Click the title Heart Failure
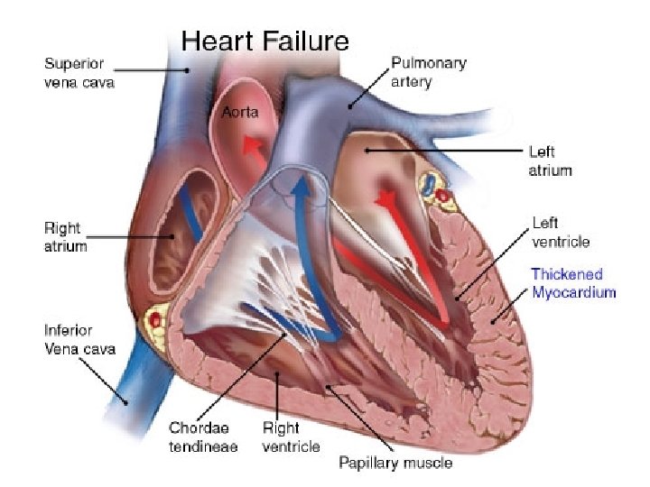[265, 41]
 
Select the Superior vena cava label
[79, 73]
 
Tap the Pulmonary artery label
[428, 72]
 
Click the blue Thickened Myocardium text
[573, 283]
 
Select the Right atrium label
[66, 235]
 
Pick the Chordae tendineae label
[203, 438]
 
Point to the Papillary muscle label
[395, 464]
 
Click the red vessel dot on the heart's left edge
[156, 318]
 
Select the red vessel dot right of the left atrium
[442, 195]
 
